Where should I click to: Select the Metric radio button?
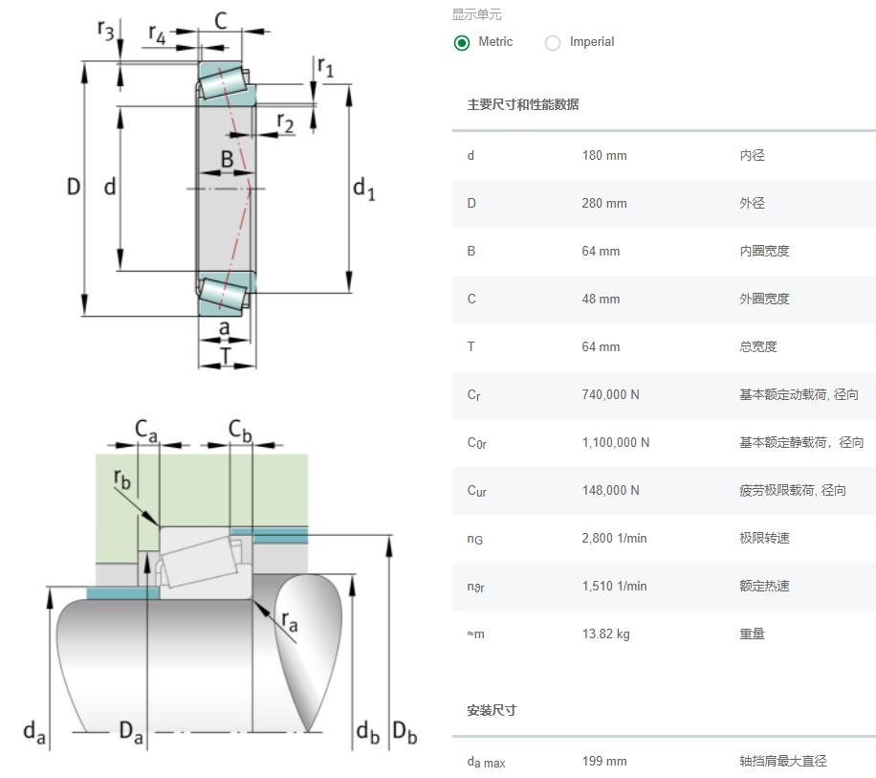point(462,42)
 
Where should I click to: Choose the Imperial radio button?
point(553,42)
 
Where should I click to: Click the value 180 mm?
point(604,155)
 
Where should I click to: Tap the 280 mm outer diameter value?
point(604,204)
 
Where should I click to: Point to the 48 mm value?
point(601,299)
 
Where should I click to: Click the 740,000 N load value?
point(610,394)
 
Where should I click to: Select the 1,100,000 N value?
point(616,443)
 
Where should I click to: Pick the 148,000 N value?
point(610,490)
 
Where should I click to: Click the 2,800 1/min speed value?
point(614,538)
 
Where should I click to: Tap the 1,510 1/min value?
point(614,587)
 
